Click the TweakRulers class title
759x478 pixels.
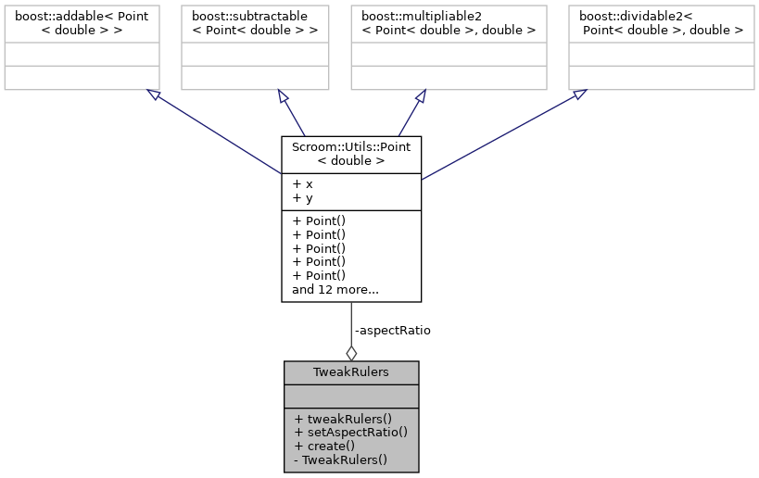[x=351, y=372]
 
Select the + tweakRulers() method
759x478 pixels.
[x=343, y=418]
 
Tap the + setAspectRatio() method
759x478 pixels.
[x=350, y=432]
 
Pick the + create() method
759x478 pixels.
[x=324, y=446]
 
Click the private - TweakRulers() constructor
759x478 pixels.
[x=340, y=459]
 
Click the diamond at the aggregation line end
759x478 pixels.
[x=351, y=352]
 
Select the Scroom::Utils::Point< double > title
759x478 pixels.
[x=351, y=154]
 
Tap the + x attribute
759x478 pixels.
[x=302, y=183]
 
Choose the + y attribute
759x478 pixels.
[x=302, y=197]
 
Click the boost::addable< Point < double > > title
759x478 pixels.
[x=81, y=23]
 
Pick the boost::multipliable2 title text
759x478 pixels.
[x=443, y=23]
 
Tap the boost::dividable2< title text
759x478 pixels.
[x=661, y=23]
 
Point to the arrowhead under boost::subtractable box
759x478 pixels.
[x=284, y=96]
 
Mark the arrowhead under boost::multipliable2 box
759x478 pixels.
[x=420, y=96]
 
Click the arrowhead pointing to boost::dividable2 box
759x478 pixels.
[x=578, y=94]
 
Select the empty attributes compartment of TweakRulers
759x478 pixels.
[x=351, y=396]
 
